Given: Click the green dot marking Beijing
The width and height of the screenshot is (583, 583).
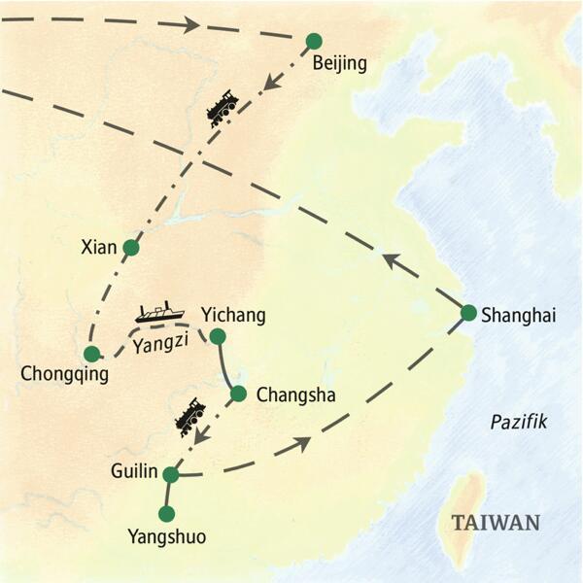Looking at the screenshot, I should coord(313,41).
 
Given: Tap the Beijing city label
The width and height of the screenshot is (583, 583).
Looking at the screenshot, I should coord(339,65).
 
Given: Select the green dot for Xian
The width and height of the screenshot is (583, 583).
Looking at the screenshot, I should coord(131,248).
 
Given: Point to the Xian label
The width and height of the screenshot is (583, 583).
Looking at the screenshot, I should coord(97,247).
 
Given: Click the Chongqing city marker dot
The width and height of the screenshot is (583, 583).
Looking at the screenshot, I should coord(91,354).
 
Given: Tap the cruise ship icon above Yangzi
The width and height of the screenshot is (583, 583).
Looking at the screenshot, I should coord(158,312).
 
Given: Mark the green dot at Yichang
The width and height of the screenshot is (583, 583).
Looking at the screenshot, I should coord(218,337).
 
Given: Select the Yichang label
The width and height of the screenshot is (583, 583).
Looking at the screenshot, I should coord(232,315).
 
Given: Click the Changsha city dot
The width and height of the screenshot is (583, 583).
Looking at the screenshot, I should coord(237,394).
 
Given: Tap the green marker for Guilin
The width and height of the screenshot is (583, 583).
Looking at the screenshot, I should coord(171,474).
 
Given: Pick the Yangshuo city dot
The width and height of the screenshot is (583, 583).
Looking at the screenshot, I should coord(166,513).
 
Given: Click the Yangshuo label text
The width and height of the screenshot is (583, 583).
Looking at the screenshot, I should coord(166,535).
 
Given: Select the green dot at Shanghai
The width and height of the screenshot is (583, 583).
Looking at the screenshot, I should coord(468,313).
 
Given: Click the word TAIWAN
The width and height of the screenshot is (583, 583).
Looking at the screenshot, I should coord(496,523).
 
